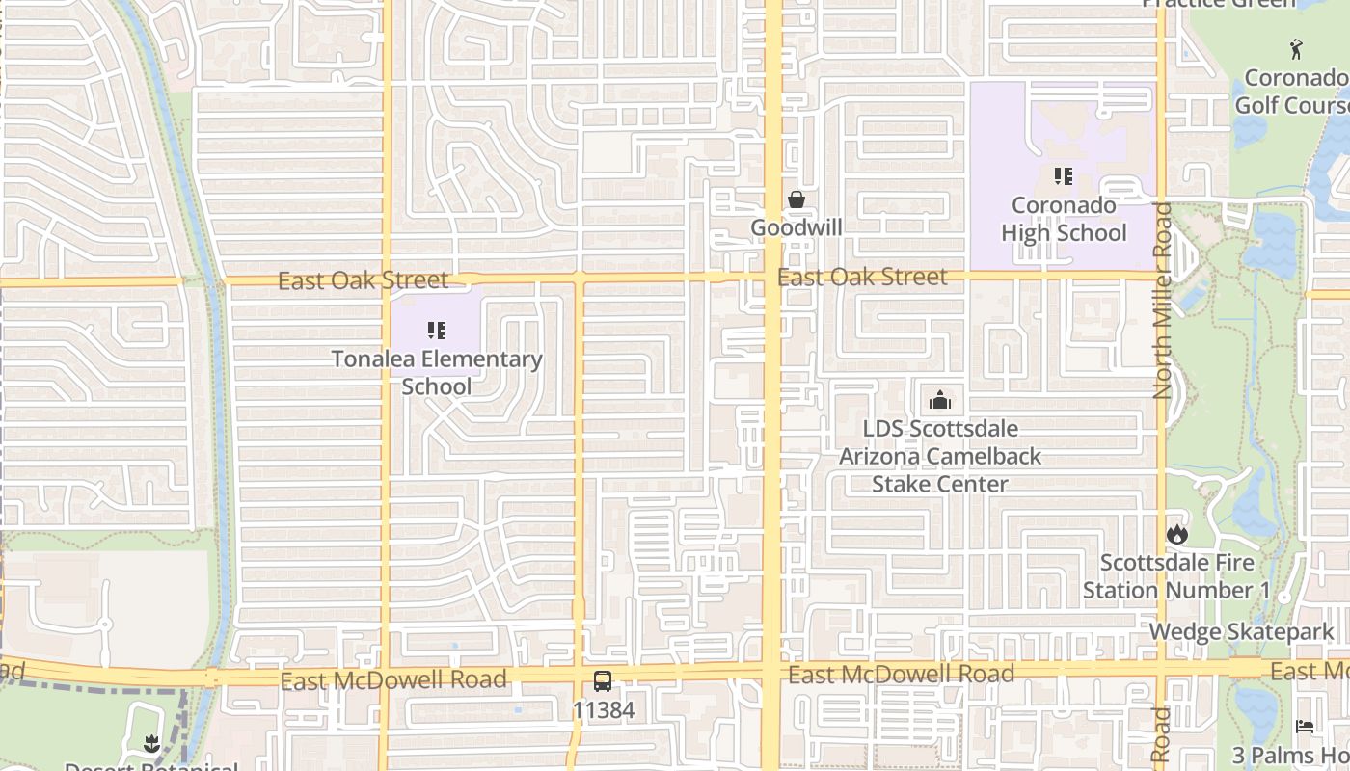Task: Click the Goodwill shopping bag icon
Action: click(796, 199)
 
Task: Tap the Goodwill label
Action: click(796, 227)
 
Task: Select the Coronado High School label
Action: click(1064, 219)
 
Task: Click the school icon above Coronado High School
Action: click(1064, 176)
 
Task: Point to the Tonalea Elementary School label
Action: click(437, 372)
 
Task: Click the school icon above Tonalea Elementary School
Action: click(437, 331)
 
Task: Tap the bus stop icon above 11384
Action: click(603, 681)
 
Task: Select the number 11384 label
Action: click(603, 710)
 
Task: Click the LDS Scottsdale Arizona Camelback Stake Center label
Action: click(940, 456)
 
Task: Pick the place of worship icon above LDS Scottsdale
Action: click(940, 400)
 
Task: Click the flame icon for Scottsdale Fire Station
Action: click(1176, 534)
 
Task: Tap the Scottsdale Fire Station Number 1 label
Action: click(1176, 575)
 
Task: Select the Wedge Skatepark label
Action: click(1242, 632)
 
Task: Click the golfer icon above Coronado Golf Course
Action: click(1296, 48)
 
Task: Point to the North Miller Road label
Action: click(1162, 300)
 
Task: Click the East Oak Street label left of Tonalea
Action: click(364, 280)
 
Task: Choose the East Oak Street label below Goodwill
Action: click(862, 278)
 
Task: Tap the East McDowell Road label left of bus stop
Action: click(393, 680)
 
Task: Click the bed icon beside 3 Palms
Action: click(1305, 726)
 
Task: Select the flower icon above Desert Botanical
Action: click(151, 742)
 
